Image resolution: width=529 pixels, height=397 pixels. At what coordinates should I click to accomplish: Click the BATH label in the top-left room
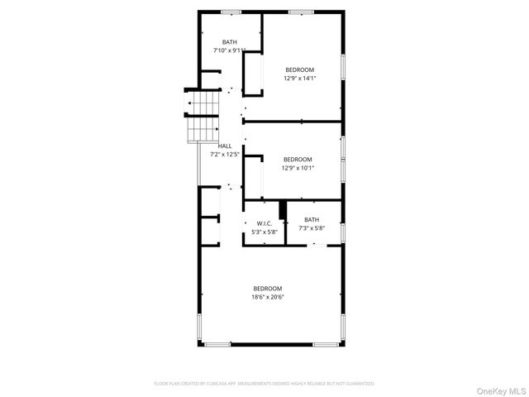tap(229, 41)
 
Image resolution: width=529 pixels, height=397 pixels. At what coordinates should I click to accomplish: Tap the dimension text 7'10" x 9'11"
tap(229, 50)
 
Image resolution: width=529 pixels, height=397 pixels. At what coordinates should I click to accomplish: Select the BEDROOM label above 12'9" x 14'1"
tap(299, 69)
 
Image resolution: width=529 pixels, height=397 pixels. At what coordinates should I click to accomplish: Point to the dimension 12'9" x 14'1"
tap(299, 79)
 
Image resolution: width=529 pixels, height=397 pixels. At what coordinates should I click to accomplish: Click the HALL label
tap(224, 146)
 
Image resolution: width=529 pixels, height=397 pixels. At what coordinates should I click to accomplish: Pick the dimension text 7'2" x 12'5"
tap(224, 154)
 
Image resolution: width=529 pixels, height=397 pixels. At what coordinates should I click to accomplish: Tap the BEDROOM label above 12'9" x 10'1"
tap(298, 159)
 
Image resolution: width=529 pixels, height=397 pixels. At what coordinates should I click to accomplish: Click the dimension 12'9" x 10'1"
tap(298, 168)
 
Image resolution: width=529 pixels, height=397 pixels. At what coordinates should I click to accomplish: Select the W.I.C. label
tap(264, 223)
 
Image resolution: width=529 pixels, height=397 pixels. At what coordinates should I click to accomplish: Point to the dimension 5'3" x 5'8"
tap(264, 232)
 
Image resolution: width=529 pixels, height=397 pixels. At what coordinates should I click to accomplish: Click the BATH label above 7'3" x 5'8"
tap(312, 219)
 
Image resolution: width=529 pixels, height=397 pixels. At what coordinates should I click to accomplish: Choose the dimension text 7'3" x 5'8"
tap(312, 228)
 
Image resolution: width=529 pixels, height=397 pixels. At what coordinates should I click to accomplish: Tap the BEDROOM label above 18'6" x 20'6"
tap(268, 288)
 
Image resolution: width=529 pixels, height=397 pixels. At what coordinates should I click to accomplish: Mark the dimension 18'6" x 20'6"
tap(268, 297)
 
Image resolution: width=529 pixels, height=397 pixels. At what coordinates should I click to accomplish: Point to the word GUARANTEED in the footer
tap(359, 384)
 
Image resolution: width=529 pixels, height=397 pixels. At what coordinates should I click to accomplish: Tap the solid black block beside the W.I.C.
tap(282, 209)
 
